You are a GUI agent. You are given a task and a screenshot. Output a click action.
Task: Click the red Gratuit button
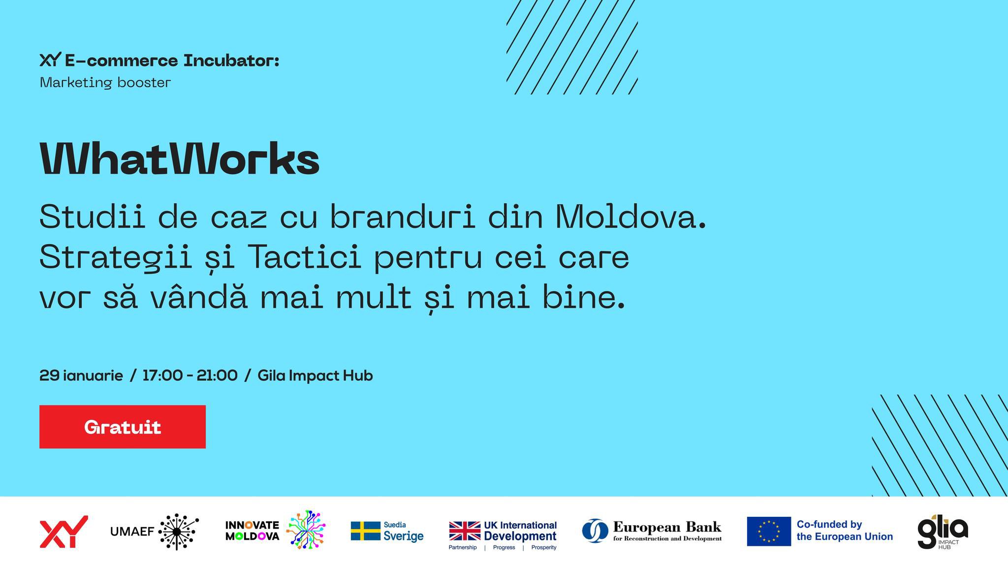point(122,427)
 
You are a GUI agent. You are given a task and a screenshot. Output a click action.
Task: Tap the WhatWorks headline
point(179,159)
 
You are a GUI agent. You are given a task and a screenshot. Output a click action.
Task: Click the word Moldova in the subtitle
point(630,217)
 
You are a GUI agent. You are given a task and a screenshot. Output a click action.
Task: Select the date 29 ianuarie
point(81,376)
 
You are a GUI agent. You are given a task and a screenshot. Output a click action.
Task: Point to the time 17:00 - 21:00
point(189,376)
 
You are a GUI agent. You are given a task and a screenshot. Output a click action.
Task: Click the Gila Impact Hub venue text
point(315,376)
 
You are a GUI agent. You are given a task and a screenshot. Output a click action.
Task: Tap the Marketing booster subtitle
point(105,83)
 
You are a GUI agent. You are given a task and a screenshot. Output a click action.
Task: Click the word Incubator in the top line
point(231,61)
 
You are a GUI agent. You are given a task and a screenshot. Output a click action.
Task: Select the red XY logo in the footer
point(63,532)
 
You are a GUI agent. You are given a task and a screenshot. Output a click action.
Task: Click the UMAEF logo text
point(132,532)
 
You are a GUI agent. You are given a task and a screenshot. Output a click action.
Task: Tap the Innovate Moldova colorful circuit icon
point(306,530)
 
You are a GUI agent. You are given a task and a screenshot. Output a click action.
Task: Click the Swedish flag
point(365,531)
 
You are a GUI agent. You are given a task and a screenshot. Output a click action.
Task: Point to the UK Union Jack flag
point(465,531)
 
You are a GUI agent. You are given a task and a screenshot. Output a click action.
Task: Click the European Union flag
point(768,532)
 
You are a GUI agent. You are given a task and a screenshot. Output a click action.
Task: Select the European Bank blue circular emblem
point(595,531)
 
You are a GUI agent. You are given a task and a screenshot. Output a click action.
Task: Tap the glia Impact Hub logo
point(942,532)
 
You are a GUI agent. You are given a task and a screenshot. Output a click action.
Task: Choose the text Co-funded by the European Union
point(844,531)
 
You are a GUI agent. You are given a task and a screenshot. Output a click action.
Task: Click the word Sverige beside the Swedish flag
point(403,536)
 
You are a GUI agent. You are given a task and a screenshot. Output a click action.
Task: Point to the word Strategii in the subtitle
point(116,257)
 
